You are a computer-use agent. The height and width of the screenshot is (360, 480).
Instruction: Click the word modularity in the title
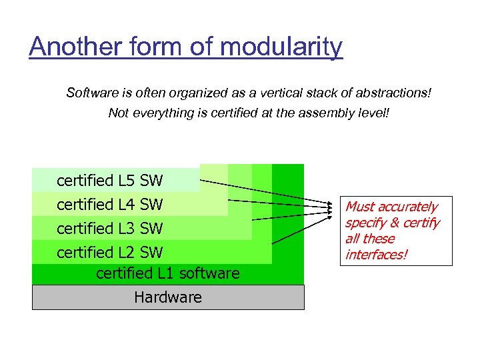281,47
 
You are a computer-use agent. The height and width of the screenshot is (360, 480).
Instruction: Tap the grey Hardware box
168,297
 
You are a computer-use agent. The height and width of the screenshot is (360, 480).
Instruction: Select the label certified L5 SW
109,181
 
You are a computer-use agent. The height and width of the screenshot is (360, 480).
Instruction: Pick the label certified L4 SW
109,205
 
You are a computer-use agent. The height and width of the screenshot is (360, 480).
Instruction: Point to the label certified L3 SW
109,229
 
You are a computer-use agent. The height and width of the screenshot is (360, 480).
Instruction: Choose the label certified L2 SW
109,253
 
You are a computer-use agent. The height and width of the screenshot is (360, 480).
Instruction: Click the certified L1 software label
167,273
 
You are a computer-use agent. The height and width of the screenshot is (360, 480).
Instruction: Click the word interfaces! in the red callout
376,255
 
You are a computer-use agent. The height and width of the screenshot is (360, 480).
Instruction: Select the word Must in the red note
359,207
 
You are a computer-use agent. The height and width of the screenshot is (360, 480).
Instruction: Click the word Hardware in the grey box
168,297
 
